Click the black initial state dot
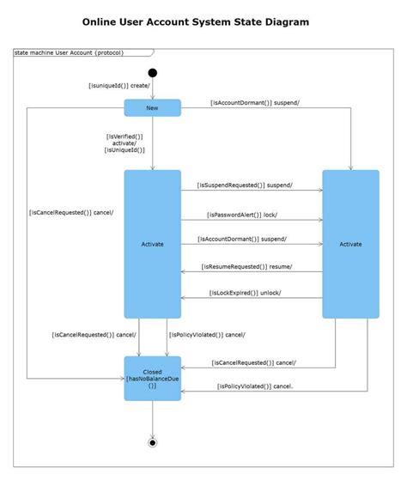[x=153, y=73]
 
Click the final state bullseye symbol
[x=153, y=442]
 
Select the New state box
[x=153, y=107]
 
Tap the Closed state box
[x=153, y=378]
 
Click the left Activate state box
[x=153, y=244]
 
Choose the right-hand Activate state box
[x=350, y=244]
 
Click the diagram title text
[x=203, y=21]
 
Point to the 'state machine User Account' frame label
[x=69, y=52]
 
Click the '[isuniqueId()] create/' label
[x=119, y=85]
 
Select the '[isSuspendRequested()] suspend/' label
[x=245, y=185]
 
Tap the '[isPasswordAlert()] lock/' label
[x=242, y=214]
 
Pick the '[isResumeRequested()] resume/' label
[x=247, y=266]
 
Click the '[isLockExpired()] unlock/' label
[x=246, y=294]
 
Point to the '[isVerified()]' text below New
[x=125, y=136]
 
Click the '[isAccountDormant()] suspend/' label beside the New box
[x=255, y=102]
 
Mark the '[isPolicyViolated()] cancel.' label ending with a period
[x=255, y=386]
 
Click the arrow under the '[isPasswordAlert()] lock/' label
[x=252, y=221]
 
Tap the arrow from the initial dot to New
[x=153, y=89]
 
